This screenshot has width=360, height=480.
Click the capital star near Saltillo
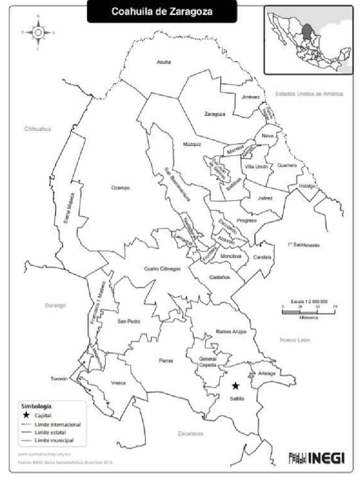click(x=235, y=386)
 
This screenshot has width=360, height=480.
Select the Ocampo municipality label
click(x=120, y=187)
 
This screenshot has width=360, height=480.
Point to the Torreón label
click(x=60, y=379)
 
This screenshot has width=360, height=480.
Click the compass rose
click(x=38, y=32)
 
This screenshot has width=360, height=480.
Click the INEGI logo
click(x=317, y=457)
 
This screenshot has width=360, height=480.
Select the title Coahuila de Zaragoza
click(x=162, y=12)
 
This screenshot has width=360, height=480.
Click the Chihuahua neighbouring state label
click(x=37, y=128)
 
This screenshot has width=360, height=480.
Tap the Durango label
click(x=55, y=305)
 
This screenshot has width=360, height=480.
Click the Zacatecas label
click(x=191, y=434)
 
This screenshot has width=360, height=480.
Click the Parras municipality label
click(x=166, y=361)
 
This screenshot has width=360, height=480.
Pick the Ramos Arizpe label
click(x=231, y=331)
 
